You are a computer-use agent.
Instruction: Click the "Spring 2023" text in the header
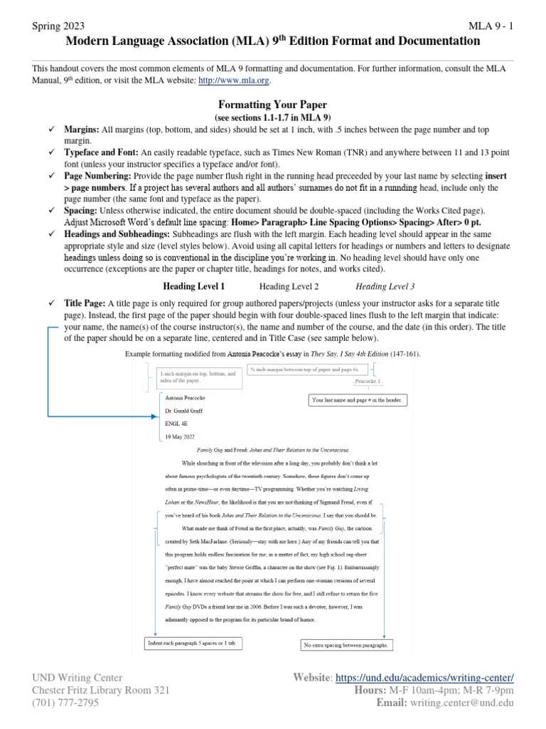pos(58,26)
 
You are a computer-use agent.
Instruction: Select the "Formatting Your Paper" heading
pos(272,104)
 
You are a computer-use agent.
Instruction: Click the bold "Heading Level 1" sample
pos(194,286)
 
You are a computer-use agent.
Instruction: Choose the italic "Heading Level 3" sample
pos(385,286)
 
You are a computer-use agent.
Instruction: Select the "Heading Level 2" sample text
pos(289,286)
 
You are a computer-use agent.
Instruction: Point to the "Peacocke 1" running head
pos(368,382)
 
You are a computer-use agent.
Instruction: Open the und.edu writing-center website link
pos(424,677)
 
